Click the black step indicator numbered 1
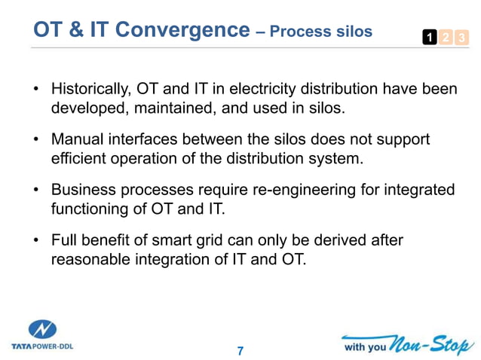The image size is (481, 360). [427, 37]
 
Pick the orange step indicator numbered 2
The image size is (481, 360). [443, 37]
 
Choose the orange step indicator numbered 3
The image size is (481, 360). [459, 37]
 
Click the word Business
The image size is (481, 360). [83, 190]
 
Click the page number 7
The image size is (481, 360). [240, 350]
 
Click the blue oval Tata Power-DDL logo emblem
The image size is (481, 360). [42, 330]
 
